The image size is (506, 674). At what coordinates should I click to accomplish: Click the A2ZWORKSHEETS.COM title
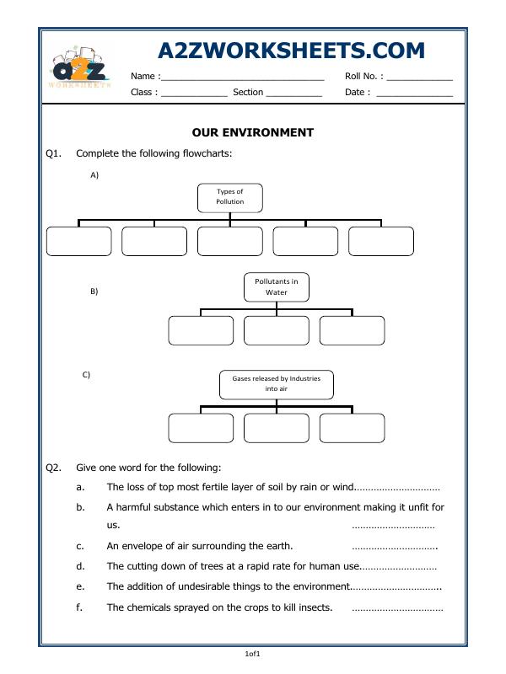pos(291,51)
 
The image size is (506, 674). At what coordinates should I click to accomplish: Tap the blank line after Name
pos(243,78)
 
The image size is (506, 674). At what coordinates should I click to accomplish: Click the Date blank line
pos(414,94)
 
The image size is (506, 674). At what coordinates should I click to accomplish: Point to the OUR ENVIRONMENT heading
pos(253,132)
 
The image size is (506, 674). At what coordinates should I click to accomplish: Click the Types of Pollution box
pos(230,197)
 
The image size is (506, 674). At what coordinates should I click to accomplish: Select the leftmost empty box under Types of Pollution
pos(78,241)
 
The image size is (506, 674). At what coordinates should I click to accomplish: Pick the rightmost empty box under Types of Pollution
pos(380,241)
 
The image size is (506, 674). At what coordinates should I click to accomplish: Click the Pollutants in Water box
pos(277,286)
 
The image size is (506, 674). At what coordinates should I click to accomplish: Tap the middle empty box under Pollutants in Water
pos(277,330)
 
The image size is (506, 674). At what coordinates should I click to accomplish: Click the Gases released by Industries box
pos(277,384)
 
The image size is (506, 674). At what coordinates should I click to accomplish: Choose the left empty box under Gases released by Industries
pos(201,428)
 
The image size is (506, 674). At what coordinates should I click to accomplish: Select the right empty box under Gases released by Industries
pos(352,428)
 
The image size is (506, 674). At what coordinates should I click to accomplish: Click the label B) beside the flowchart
pos(94,292)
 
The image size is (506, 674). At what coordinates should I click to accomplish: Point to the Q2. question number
pos(55,468)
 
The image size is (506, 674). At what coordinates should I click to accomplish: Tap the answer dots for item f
pos(396,607)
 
